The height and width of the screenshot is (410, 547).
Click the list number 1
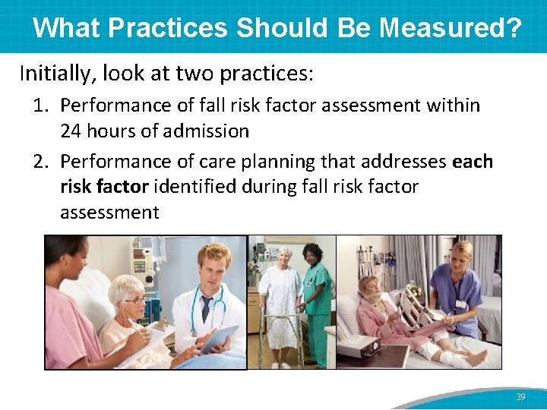point(40,105)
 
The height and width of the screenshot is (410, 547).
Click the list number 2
point(40,162)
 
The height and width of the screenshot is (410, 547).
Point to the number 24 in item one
point(71,131)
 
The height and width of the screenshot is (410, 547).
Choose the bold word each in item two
point(472,162)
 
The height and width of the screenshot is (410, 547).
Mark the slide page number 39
point(520,396)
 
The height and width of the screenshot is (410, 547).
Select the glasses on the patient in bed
point(136,301)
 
